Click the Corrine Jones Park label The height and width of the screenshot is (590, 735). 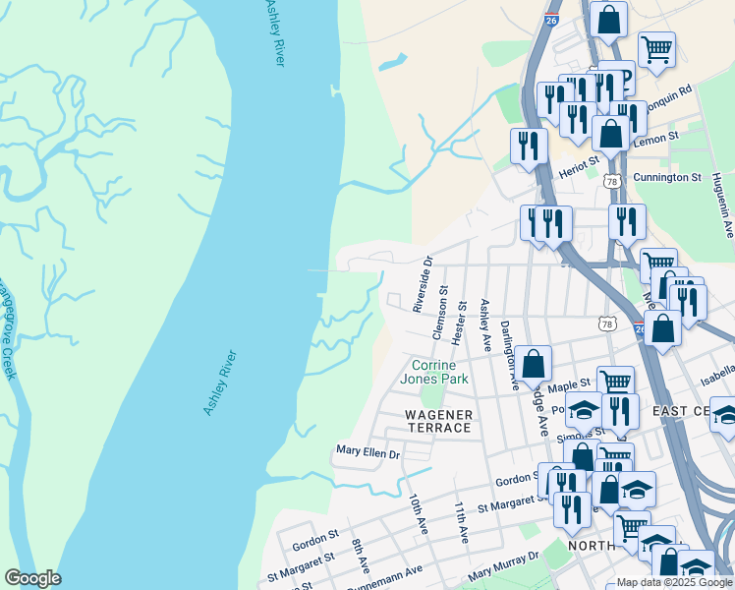click(x=438, y=372)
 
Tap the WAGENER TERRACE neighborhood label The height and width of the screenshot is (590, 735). click(x=438, y=421)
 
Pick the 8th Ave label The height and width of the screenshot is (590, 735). click(x=361, y=557)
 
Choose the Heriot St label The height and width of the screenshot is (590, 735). click(x=580, y=160)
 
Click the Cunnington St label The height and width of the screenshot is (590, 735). click(x=667, y=178)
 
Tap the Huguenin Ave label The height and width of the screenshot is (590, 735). click(x=728, y=215)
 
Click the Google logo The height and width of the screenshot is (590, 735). click(x=32, y=578)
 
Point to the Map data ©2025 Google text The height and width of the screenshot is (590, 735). click(x=674, y=582)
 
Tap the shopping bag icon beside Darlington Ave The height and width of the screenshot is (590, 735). click(x=533, y=364)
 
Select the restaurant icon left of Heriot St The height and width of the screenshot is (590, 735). click(x=530, y=146)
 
